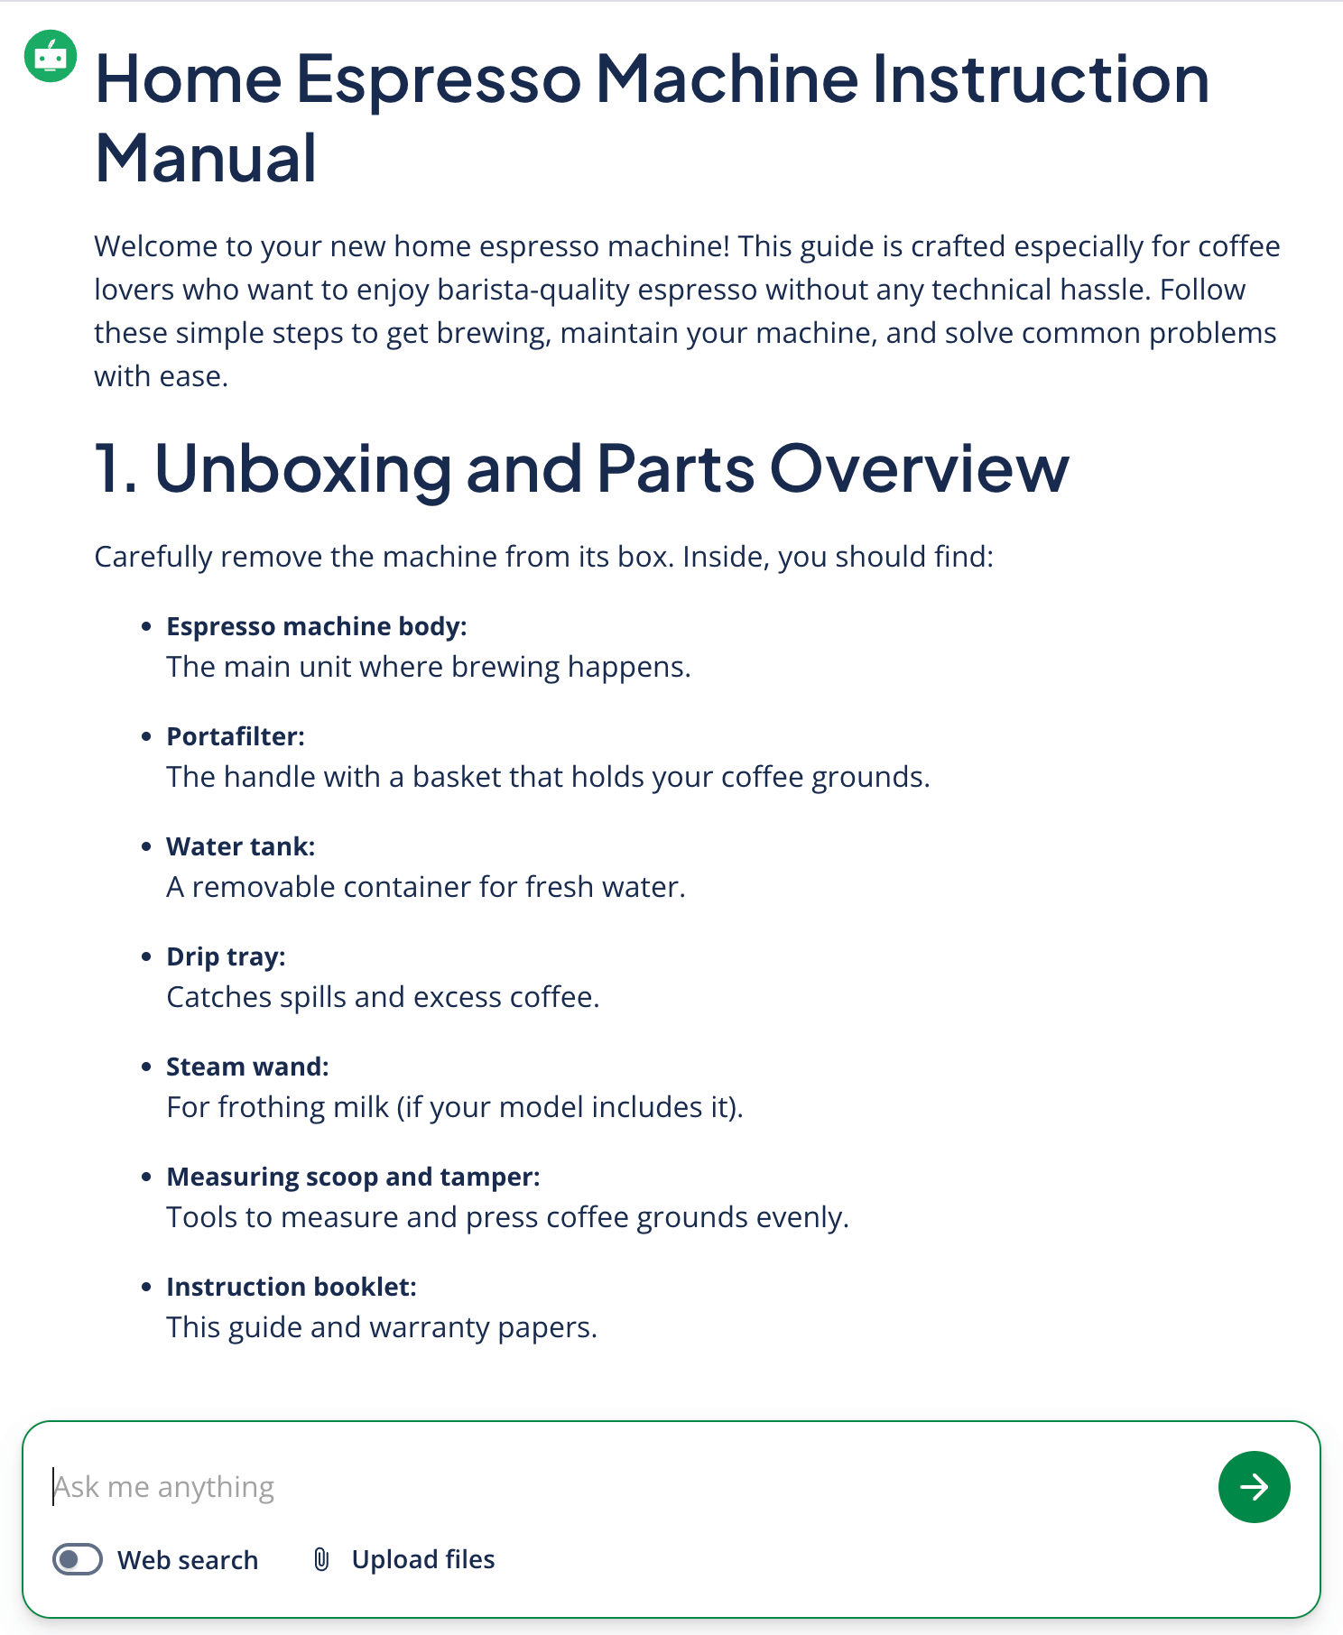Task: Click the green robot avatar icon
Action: [x=51, y=56]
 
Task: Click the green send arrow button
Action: [x=1254, y=1487]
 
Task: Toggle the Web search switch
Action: [x=78, y=1559]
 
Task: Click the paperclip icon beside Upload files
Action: [x=321, y=1559]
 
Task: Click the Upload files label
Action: [x=423, y=1559]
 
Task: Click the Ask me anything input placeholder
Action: [x=164, y=1487]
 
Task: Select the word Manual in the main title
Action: [x=206, y=158]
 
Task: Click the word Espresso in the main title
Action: [x=439, y=79]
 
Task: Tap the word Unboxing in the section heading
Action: [x=303, y=468]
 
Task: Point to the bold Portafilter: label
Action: [x=236, y=736]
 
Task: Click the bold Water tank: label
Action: [x=241, y=846]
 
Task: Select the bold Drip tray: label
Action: [x=226, y=956]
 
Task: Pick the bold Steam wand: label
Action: [x=247, y=1067]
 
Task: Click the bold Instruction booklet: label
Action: [x=292, y=1287]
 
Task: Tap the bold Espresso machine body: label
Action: [x=317, y=626]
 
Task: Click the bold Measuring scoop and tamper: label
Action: [x=353, y=1177]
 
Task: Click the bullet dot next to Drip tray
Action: [x=146, y=956]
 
